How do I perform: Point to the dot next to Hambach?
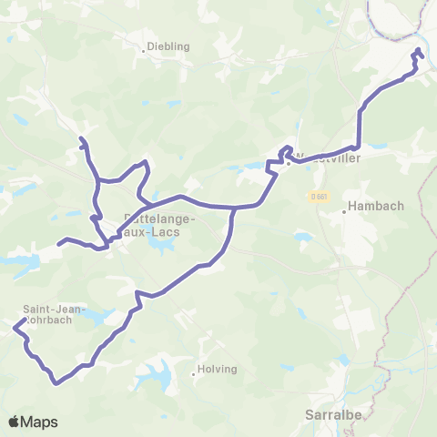[344, 211]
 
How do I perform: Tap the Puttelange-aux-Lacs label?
[152, 225]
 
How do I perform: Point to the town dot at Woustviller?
[288, 164]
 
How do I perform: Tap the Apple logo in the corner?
[14, 422]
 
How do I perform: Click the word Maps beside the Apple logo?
[40, 422]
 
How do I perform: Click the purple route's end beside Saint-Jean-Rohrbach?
[15, 326]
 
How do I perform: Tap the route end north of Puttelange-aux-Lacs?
[81, 138]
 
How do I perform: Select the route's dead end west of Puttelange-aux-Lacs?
[60, 243]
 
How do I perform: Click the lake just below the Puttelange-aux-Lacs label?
[165, 246]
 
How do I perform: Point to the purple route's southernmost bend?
[56, 382]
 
